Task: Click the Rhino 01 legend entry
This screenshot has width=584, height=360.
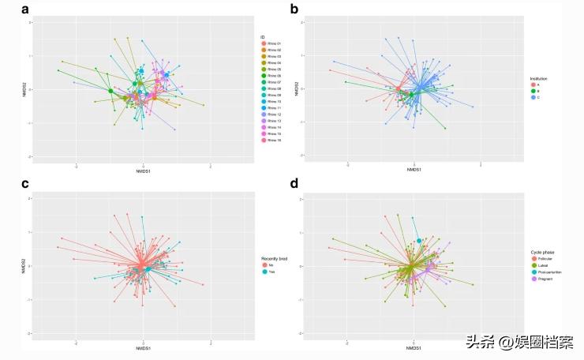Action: point(273,43)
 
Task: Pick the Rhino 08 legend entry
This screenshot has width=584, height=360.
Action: point(273,88)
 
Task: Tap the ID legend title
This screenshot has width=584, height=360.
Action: point(262,36)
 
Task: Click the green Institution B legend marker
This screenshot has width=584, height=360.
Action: point(534,92)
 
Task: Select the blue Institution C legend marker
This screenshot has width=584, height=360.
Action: point(534,98)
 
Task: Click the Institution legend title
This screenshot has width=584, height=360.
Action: point(539,79)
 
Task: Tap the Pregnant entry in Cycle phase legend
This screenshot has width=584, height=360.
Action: point(545,279)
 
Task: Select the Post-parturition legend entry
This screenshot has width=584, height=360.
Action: point(550,272)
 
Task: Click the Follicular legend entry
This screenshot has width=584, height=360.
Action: point(547,259)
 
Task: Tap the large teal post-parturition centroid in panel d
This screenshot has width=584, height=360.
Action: point(419,241)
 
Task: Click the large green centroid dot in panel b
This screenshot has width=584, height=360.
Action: point(411,95)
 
